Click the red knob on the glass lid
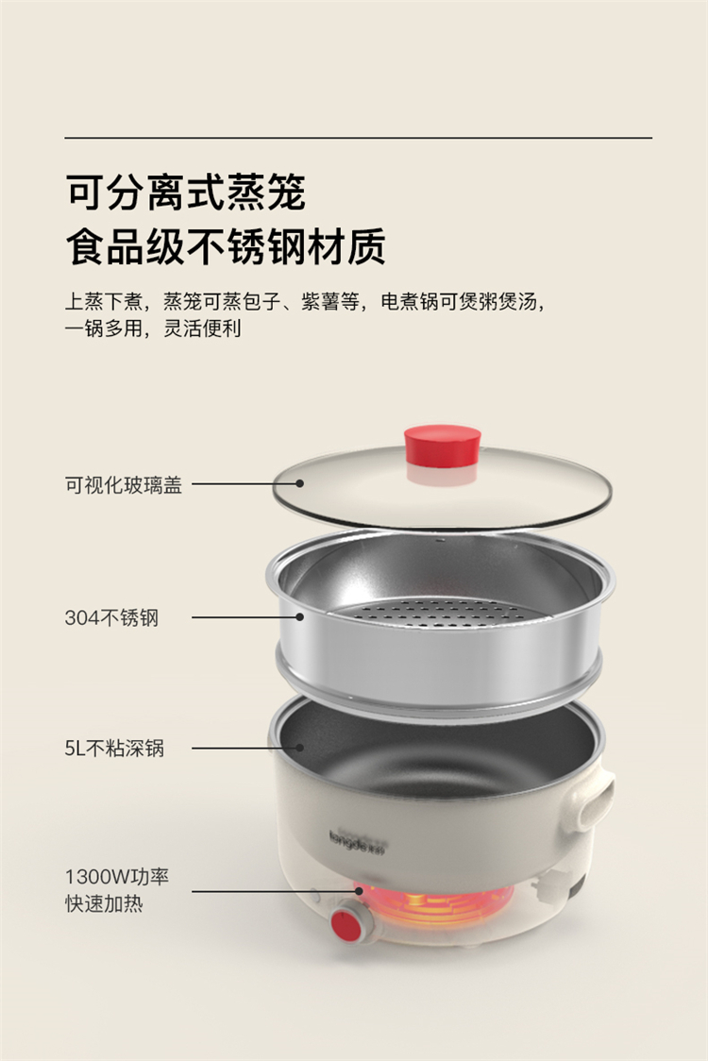point(443,446)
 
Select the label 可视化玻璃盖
point(123,484)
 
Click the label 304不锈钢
point(111,617)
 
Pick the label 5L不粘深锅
point(114,748)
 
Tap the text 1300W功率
point(116,876)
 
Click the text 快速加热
point(104,903)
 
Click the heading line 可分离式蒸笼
point(185,193)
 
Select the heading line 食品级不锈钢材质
point(226,246)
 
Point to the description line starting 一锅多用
point(153,328)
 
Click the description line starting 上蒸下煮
point(305,301)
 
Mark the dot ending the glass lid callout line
point(299,484)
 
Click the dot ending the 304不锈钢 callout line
point(299,616)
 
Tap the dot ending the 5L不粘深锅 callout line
point(299,748)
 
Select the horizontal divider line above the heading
point(359,138)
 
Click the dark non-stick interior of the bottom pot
point(439,751)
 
